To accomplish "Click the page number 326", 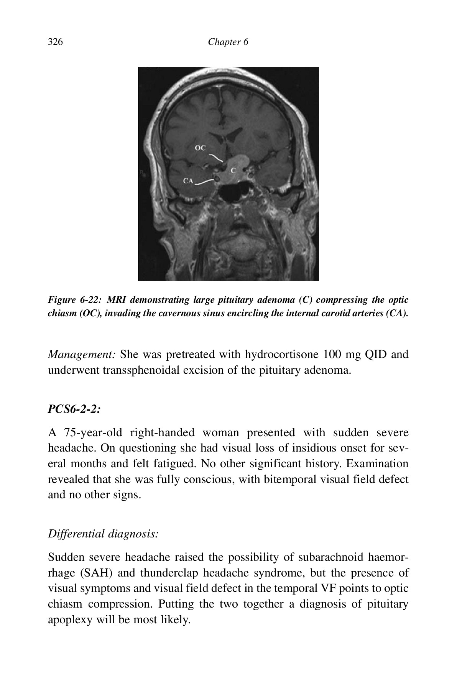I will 55,42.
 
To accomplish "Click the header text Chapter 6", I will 228,42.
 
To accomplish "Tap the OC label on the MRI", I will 200,148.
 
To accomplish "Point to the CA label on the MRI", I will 188,181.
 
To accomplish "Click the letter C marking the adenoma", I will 233,170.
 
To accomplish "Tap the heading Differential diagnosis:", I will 103,534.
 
